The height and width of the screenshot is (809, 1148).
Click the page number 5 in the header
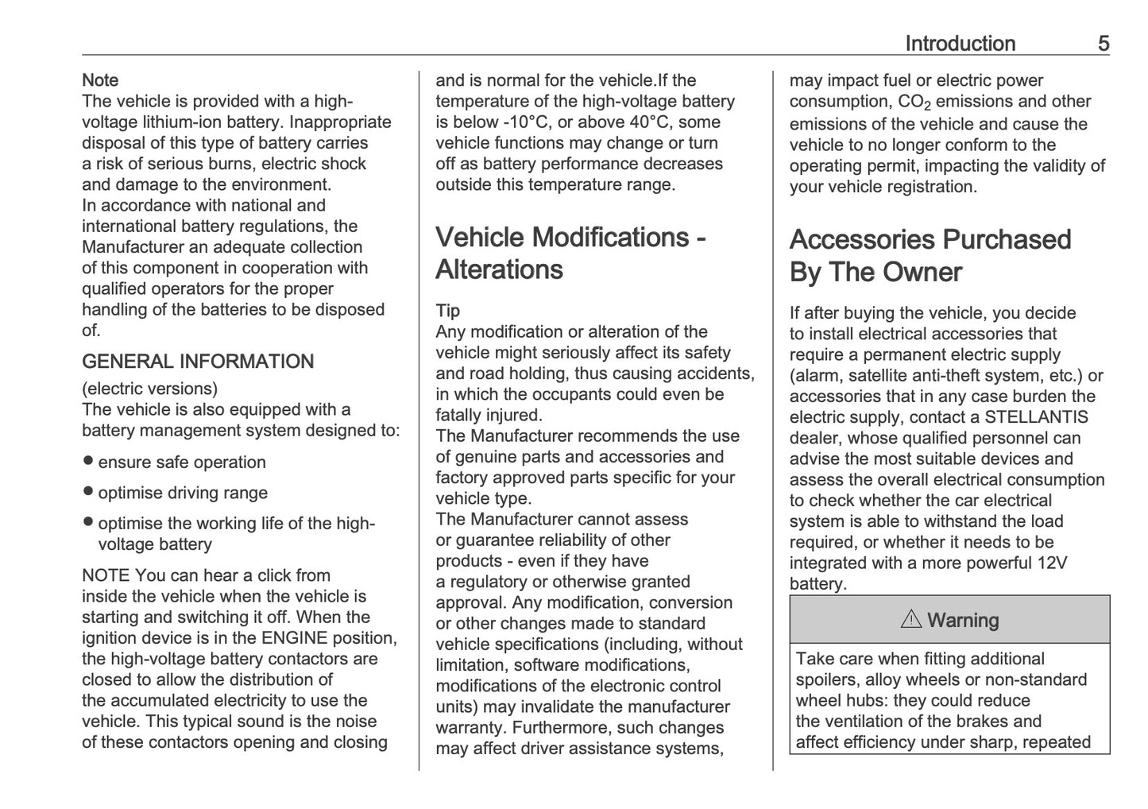[1104, 44]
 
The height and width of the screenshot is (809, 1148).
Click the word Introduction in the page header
[960, 44]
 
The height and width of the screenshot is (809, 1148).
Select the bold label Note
[100, 80]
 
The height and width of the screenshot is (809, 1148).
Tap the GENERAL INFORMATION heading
[198, 362]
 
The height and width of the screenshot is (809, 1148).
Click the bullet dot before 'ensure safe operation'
[88, 461]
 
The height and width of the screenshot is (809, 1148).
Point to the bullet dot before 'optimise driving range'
[88, 491]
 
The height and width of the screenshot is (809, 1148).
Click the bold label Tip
[447, 311]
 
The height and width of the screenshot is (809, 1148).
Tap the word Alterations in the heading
[499, 270]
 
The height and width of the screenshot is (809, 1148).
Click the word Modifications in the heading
[610, 238]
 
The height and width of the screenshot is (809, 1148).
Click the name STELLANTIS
[1036, 417]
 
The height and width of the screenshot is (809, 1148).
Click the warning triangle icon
[911, 620]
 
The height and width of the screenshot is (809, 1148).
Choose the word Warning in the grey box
[963, 621]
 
